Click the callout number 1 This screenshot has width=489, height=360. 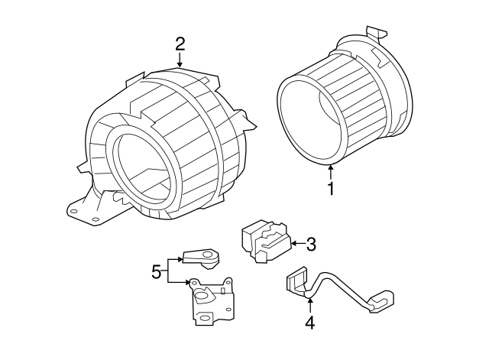click(x=331, y=188)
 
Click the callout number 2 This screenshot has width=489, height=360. click(x=180, y=44)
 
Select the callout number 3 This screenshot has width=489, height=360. click(x=310, y=245)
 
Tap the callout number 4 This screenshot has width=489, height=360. click(x=309, y=323)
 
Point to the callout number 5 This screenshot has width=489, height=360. click(x=157, y=271)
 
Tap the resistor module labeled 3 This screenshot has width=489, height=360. click(x=263, y=243)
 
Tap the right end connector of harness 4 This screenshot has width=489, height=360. click(x=380, y=303)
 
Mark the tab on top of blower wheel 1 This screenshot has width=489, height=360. click(x=375, y=32)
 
